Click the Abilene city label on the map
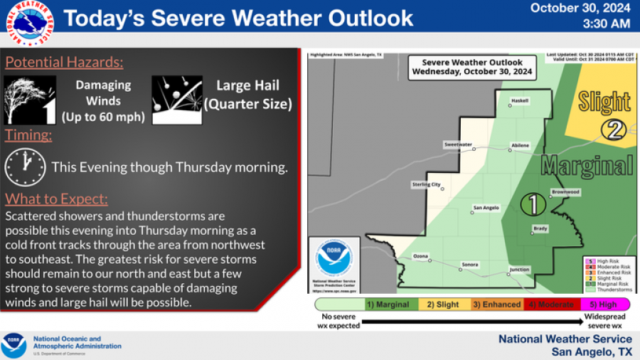point(520,145)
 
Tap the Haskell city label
point(520,100)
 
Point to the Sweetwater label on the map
point(459,144)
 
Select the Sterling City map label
point(427,185)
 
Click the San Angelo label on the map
point(486,208)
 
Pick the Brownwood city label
point(566,192)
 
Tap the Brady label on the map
point(541,228)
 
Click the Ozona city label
point(422,255)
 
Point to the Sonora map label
point(469,264)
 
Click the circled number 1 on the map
point(533,204)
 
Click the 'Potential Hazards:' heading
point(65,63)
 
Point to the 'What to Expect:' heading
point(57,198)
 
